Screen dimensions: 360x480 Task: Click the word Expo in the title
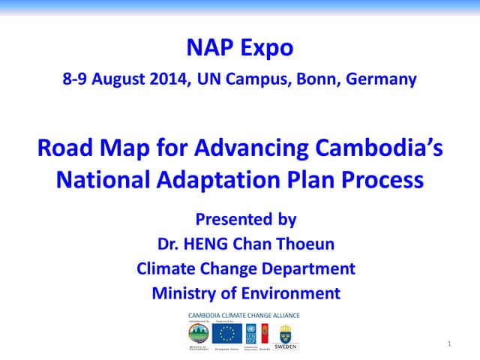tap(266, 49)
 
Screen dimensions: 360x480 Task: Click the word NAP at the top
tap(208, 49)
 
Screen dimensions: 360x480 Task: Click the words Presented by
tap(246, 220)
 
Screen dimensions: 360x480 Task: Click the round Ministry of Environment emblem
tap(199, 333)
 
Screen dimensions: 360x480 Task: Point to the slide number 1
tap(448, 343)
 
